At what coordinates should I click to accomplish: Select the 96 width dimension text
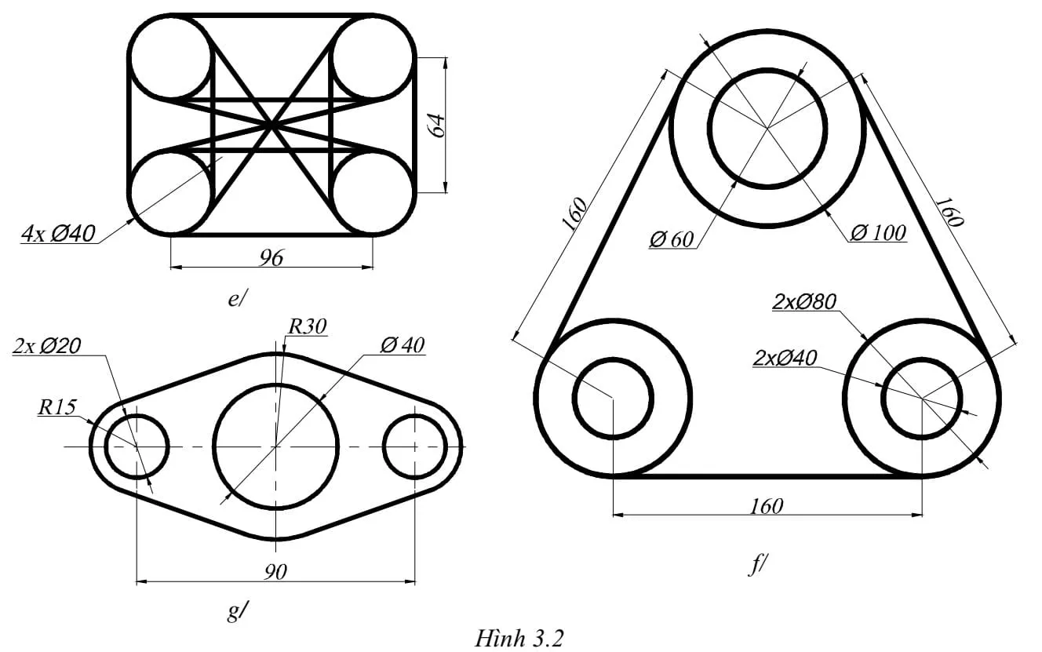click(271, 257)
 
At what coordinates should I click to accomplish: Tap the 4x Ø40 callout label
click(59, 234)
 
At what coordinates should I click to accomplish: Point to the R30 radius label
click(307, 326)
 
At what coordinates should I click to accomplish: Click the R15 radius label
click(56, 407)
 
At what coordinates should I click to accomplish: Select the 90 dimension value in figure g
click(275, 572)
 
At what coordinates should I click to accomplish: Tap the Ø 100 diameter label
click(877, 233)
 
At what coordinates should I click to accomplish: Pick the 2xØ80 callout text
click(805, 301)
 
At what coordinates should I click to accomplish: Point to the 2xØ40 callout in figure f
click(785, 358)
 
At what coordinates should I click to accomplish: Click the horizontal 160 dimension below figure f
click(767, 506)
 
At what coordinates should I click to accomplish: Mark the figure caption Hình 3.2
click(519, 638)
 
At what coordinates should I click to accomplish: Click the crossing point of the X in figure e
click(271, 124)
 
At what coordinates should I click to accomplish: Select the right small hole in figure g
click(415, 446)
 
